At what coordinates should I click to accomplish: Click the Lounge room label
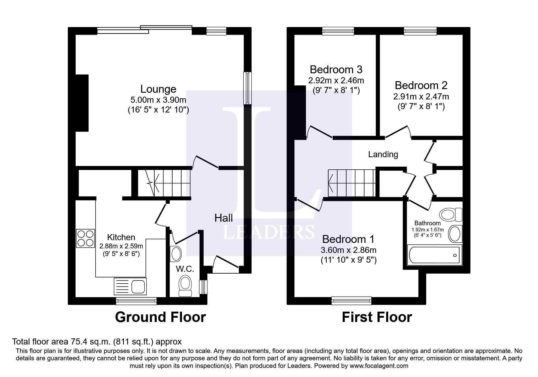pyautogui.click(x=158, y=89)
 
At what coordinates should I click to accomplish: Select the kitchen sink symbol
pyautogui.click(x=130, y=286)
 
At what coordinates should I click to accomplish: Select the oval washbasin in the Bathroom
pyautogui.click(x=455, y=234)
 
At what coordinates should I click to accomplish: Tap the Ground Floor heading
pyautogui.click(x=160, y=317)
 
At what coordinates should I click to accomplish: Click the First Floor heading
pyautogui.click(x=377, y=317)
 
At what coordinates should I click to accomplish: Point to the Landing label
pyautogui.click(x=383, y=154)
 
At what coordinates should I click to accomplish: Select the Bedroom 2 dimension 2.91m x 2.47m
pyautogui.click(x=421, y=97)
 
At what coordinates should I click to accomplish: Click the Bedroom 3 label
pyautogui.click(x=336, y=70)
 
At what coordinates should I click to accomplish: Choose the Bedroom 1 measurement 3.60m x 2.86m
pyautogui.click(x=348, y=250)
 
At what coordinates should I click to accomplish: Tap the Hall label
pyautogui.click(x=224, y=218)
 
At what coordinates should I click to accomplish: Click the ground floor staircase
pyautogui.click(x=164, y=183)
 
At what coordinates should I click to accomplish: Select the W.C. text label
pyautogui.click(x=185, y=269)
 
